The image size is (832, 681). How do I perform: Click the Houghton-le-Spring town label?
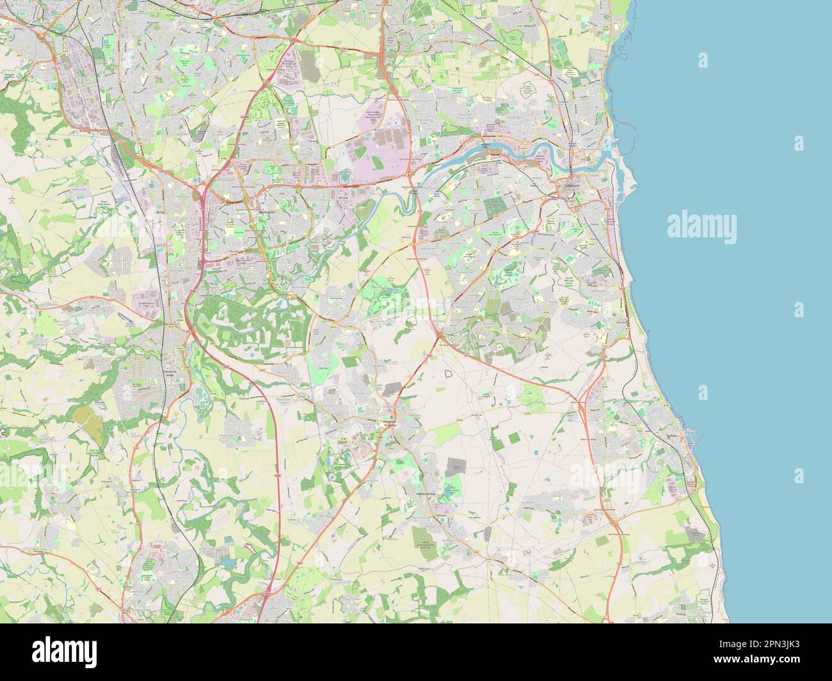[390, 423]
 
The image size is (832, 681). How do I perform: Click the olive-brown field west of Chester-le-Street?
[88, 418]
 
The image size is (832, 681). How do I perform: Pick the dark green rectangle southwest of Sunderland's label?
[494, 206]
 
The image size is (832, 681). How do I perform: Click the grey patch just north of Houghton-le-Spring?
[392, 389]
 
